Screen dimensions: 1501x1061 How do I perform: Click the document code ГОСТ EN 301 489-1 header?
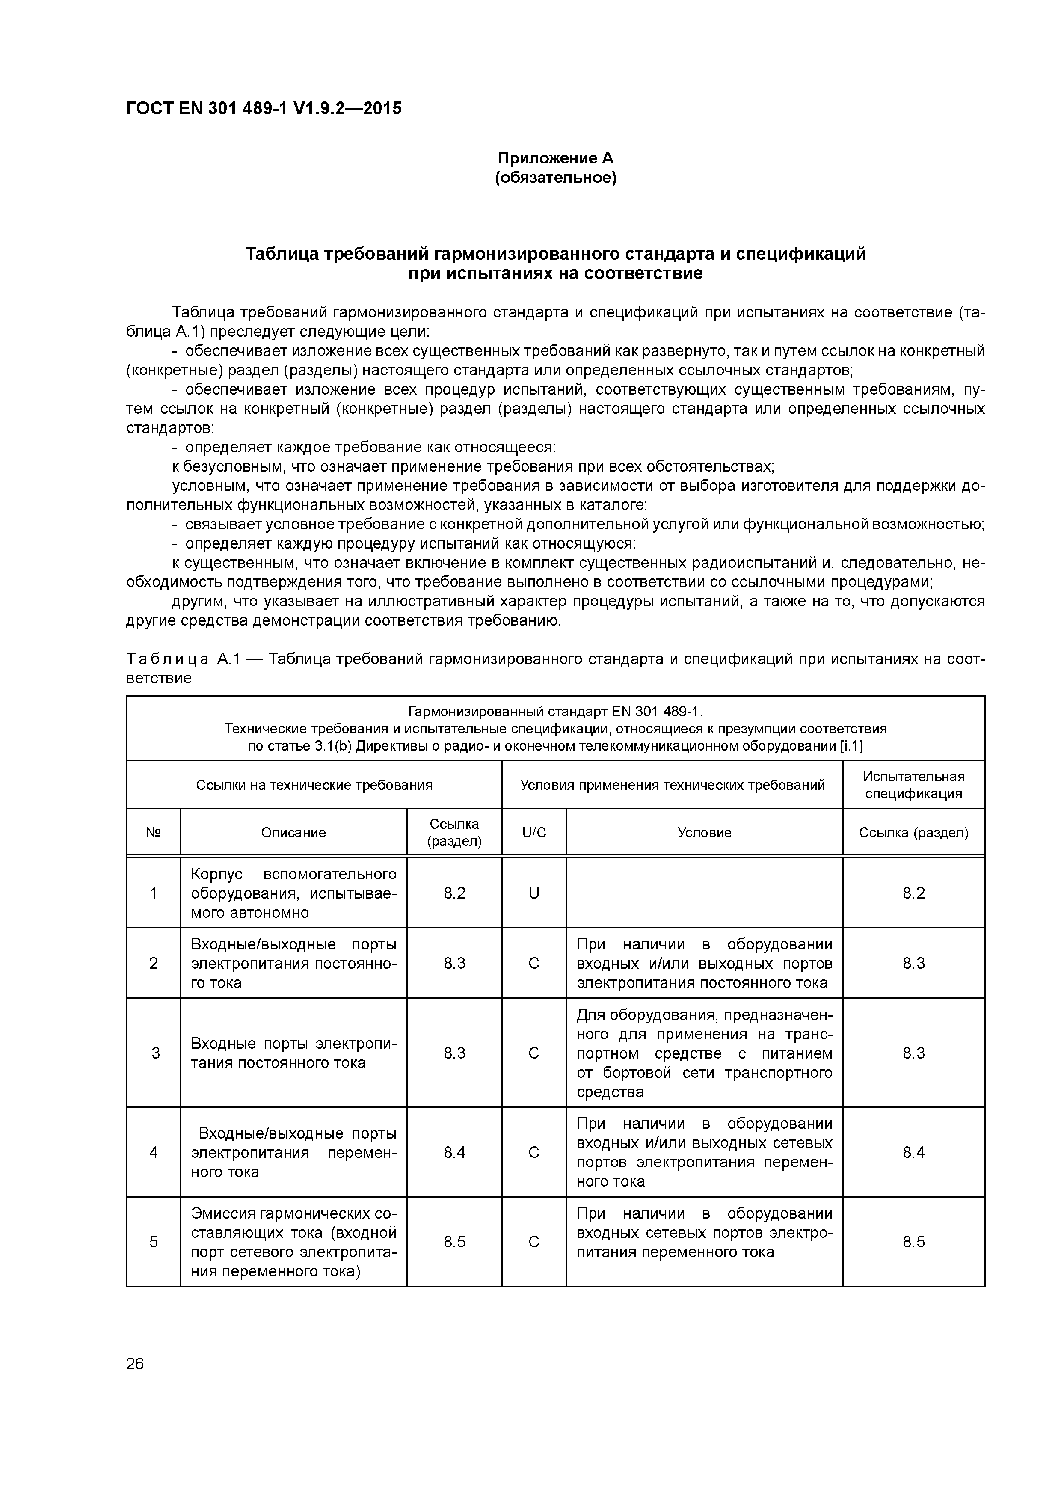click(264, 109)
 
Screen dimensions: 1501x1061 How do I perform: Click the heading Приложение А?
click(556, 158)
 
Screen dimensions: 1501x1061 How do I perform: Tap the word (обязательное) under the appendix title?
click(556, 178)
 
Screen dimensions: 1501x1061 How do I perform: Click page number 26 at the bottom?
click(135, 1364)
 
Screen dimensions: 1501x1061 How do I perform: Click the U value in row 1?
click(534, 893)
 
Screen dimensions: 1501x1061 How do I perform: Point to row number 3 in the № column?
click(155, 1053)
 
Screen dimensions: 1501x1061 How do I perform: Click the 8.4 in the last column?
click(913, 1152)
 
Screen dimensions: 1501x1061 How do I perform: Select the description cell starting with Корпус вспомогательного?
click(293, 893)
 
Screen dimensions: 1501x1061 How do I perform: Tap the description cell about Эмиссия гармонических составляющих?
click(293, 1242)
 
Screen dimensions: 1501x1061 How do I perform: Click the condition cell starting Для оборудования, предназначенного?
click(704, 1053)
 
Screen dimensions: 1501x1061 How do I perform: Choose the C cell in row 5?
click(534, 1242)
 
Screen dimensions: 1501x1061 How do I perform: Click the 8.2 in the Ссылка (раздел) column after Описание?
click(454, 893)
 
